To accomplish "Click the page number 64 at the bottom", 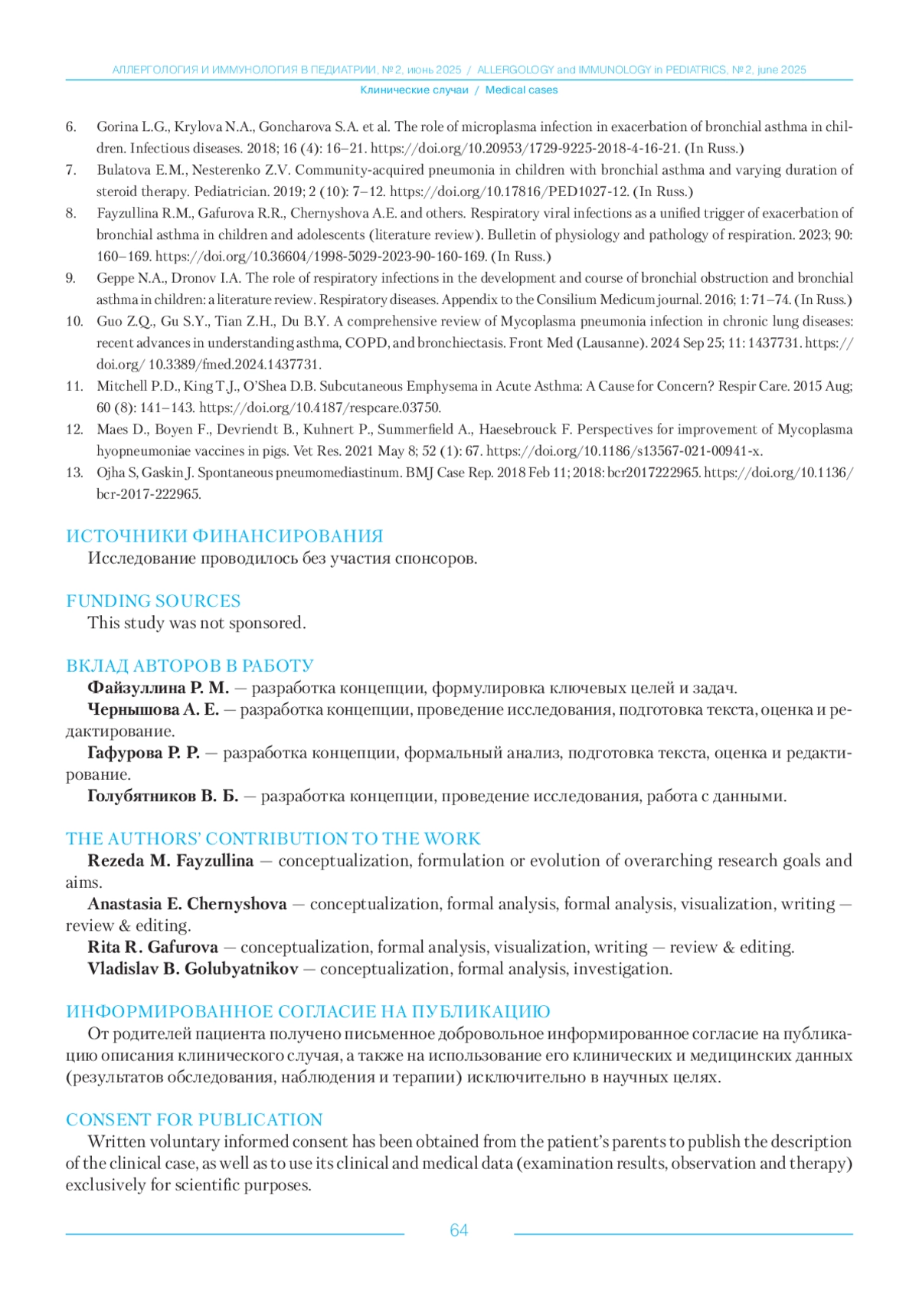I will coord(459,1230).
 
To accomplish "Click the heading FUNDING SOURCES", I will coord(153,601).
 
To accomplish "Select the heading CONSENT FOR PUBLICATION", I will coord(195,1120).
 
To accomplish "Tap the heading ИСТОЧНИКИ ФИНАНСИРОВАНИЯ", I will coord(224,536).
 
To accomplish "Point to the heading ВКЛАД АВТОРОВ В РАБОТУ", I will coord(190,666).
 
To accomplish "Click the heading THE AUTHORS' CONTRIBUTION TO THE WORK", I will coord(273,839).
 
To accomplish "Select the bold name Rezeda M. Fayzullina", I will coord(170,861).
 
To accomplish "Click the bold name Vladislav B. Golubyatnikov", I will coord(193,969).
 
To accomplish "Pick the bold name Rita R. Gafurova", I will coord(152,948).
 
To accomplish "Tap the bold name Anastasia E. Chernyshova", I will coord(187,905).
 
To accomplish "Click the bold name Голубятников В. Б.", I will coord(163,797).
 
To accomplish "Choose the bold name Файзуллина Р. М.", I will coord(159,688).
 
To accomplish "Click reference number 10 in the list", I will coord(74,322).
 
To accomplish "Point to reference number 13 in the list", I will coord(74,473).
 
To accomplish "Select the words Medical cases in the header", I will coord(522,90).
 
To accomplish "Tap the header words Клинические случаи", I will coord(414,90).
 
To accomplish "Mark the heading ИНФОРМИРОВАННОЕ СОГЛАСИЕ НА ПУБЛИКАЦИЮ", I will coord(308,1012).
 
